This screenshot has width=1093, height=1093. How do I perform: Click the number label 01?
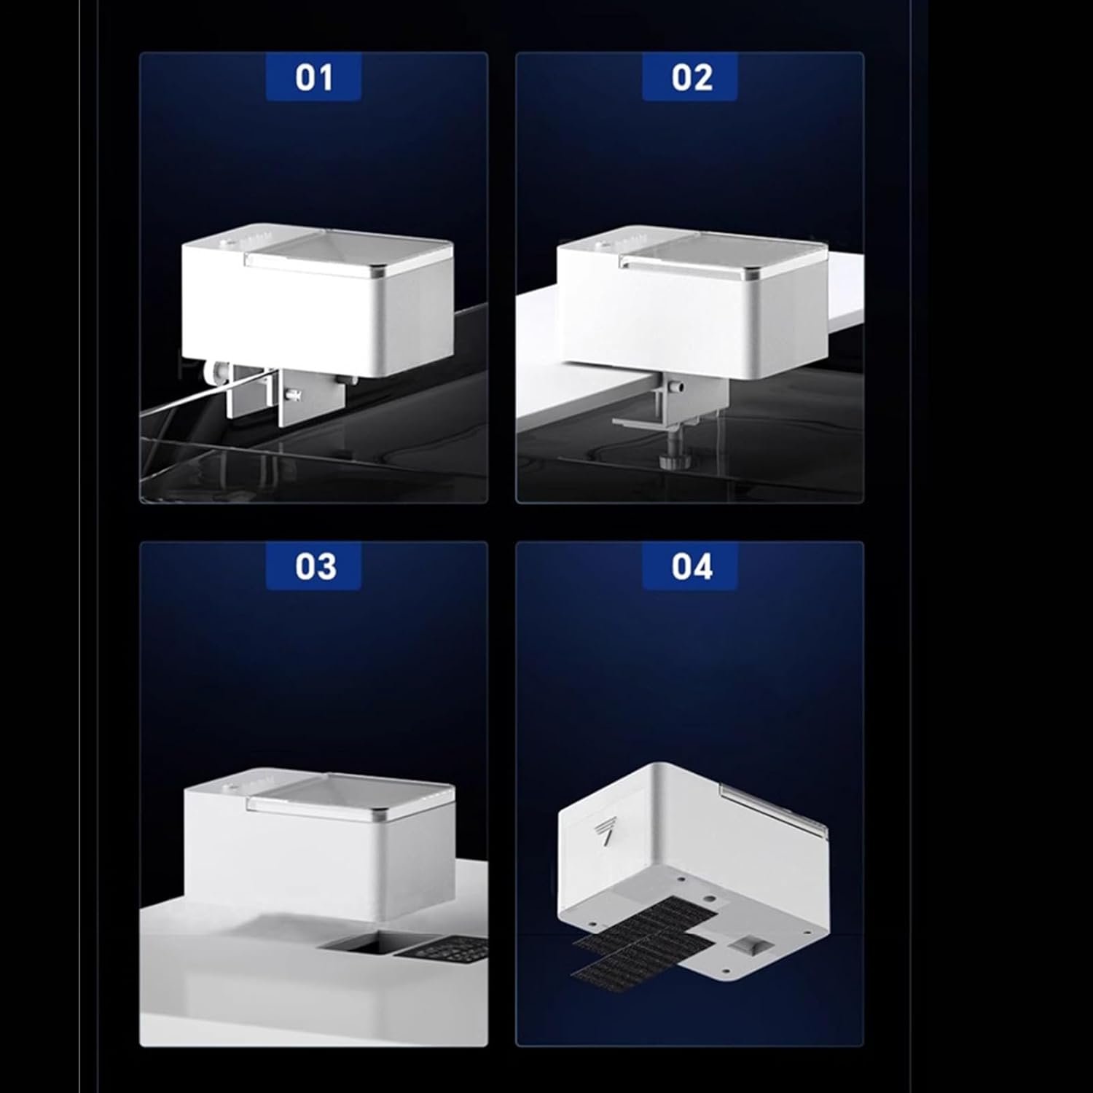coord(314,78)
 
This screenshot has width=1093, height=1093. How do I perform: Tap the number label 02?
coord(691,78)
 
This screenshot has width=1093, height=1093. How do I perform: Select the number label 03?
coord(315,566)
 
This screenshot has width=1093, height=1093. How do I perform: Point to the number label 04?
coord(691,566)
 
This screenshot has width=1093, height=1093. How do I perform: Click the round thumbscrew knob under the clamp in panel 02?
coord(670,461)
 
